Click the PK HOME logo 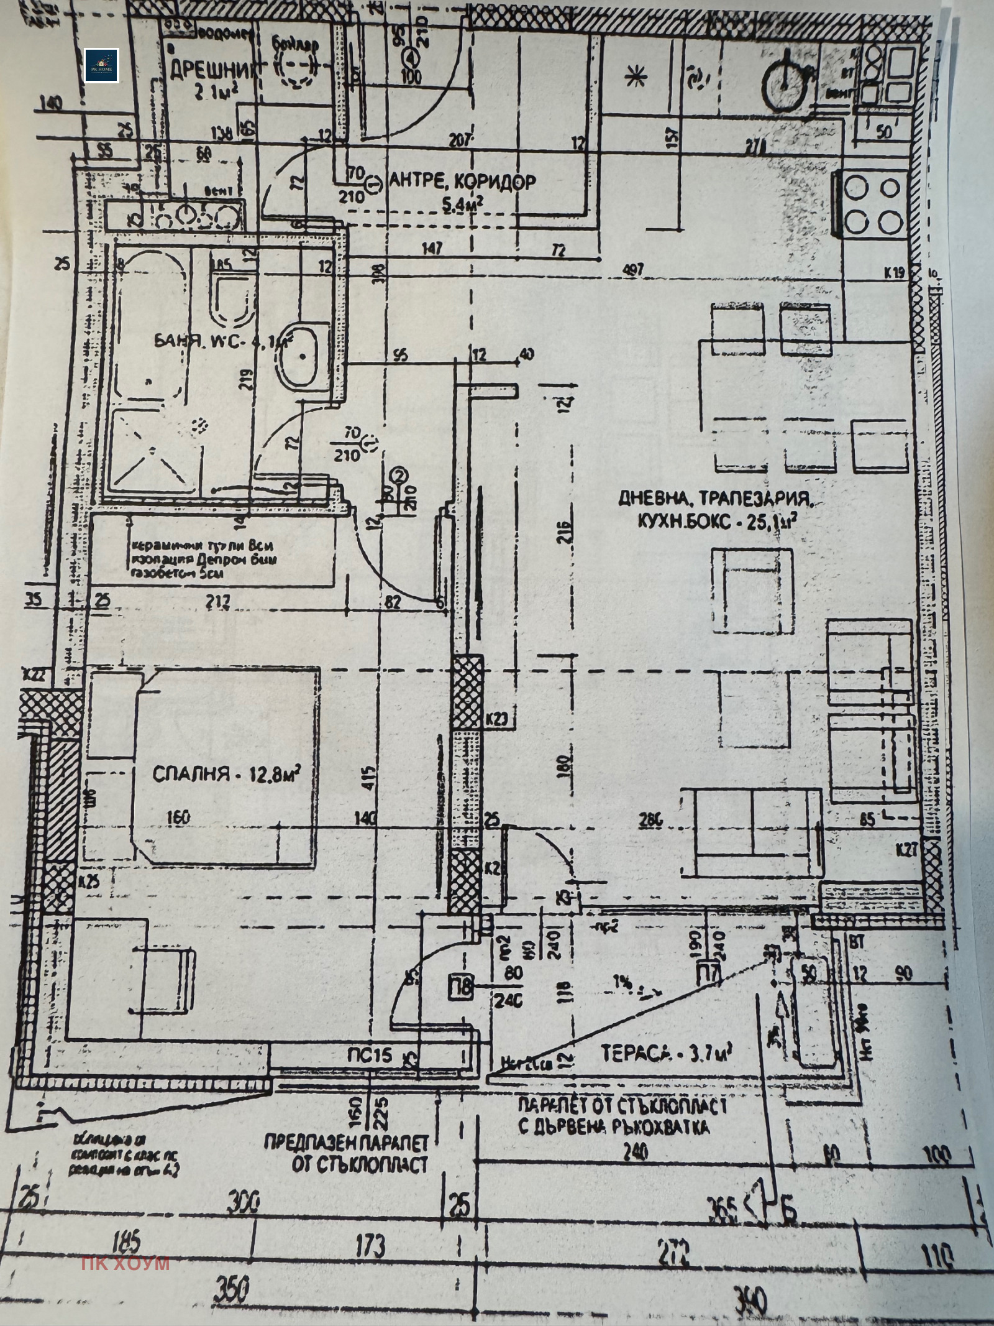pyautogui.click(x=101, y=65)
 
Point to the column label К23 pyautogui.click(x=497, y=720)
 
